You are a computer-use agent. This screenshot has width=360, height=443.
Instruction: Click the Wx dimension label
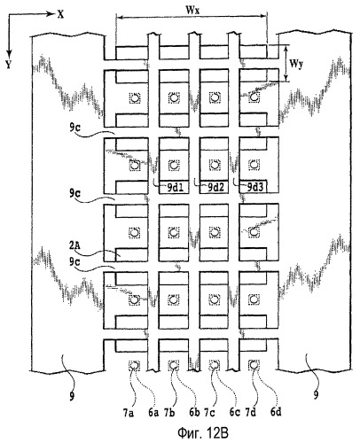(x=192, y=10)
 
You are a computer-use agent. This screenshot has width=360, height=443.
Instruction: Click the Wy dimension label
(x=296, y=64)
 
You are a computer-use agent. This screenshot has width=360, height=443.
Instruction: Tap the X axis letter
(x=60, y=15)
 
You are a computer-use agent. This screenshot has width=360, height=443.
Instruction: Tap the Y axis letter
(x=8, y=65)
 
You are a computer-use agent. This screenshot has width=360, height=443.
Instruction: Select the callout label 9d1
(x=176, y=188)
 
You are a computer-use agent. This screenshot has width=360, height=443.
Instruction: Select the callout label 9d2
(x=216, y=188)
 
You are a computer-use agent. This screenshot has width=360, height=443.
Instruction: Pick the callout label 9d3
(x=255, y=188)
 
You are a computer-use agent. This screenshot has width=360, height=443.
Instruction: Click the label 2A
(x=74, y=245)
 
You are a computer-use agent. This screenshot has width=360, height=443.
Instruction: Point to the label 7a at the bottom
(x=129, y=413)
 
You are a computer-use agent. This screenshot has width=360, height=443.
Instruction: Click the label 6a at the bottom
(x=153, y=413)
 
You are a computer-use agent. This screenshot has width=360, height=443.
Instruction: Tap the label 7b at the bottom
(x=169, y=413)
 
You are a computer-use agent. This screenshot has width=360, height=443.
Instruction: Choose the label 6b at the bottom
(x=194, y=413)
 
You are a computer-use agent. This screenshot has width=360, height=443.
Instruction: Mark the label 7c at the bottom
(x=210, y=413)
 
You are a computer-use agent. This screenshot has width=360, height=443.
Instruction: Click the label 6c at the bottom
(x=235, y=413)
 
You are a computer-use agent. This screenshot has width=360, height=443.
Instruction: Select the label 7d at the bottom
(x=250, y=413)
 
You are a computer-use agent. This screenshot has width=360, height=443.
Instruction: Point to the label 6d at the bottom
(x=276, y=413)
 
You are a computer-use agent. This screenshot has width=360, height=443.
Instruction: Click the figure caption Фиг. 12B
(x=203, y=433)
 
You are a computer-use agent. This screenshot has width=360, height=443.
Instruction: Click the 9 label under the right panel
(x=316, y=395)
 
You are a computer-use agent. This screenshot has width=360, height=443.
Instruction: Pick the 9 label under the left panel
(x=72, y=397)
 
